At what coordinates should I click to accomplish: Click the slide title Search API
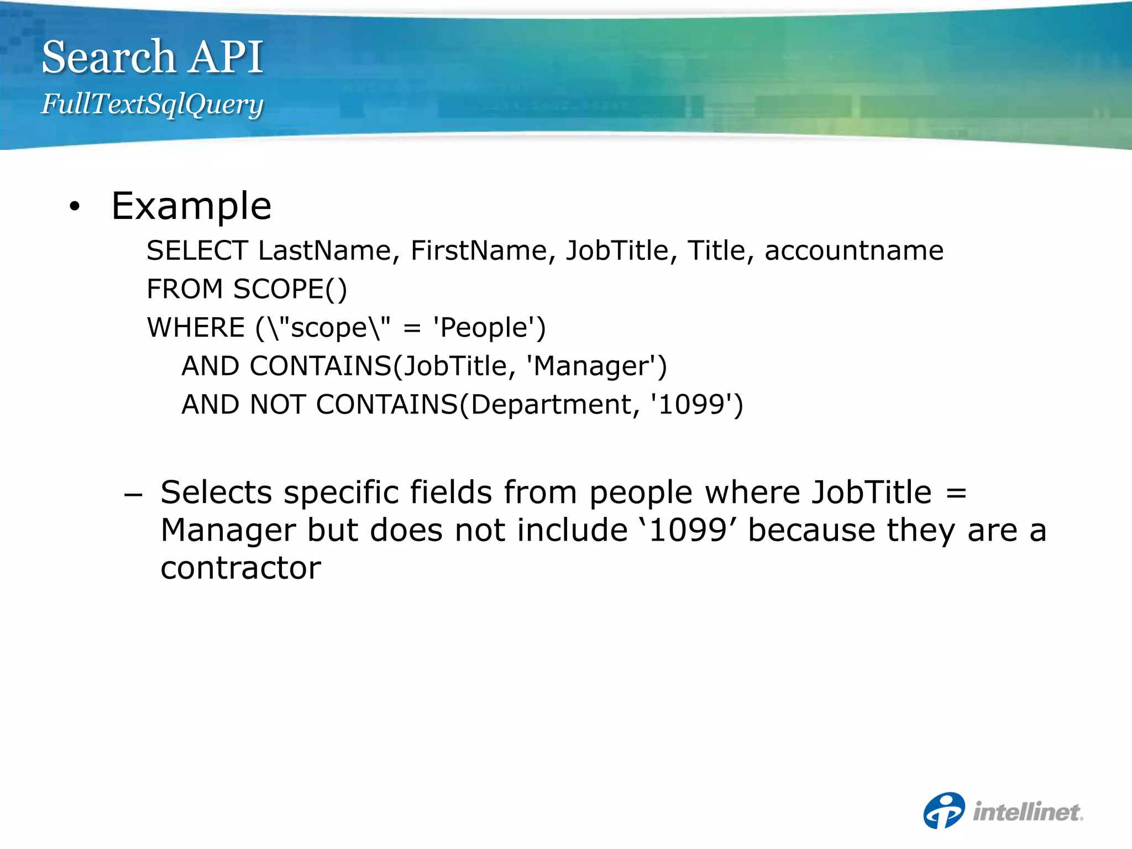[153, 57]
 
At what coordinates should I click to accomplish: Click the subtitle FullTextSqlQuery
[153, 104]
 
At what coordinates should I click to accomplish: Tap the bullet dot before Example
[75, 207]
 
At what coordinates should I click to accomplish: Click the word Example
[191, 206]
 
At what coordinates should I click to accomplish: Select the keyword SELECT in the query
[197, 251]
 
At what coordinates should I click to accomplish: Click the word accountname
[854, 251]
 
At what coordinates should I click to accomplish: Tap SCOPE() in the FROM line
[290, 290]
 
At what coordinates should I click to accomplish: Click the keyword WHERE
[196, 328]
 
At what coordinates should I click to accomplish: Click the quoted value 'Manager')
[596, 366]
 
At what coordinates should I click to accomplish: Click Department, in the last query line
[554, 405]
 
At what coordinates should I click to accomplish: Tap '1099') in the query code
[697, 405]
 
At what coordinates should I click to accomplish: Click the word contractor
[241, 568]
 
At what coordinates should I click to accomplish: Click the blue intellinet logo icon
[944, 811]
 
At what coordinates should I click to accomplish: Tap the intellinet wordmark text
[1028, 812]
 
